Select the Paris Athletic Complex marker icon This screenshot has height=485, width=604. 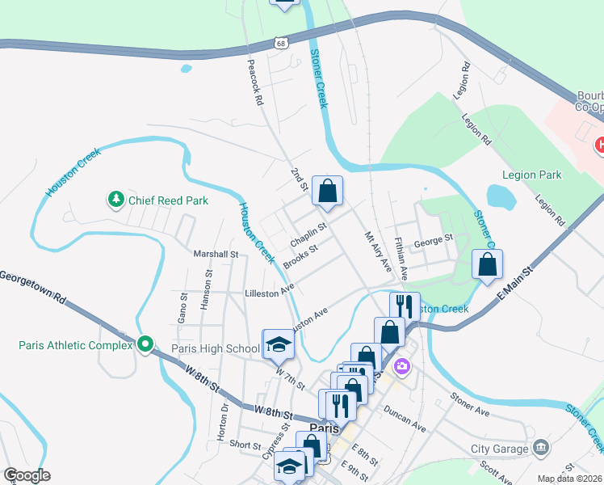point(145,345)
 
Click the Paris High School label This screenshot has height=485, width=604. point(216,349)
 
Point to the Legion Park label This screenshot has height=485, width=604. point(531,175)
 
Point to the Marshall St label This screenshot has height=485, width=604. point(216,254)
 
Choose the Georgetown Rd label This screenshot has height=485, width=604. point(32,287)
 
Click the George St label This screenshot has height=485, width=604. point(434,240)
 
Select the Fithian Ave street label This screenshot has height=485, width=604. point(401,258)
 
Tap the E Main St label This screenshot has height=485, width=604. point(517,282)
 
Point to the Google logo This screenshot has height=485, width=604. point(27,475)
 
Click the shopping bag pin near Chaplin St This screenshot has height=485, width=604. point(327,192)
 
